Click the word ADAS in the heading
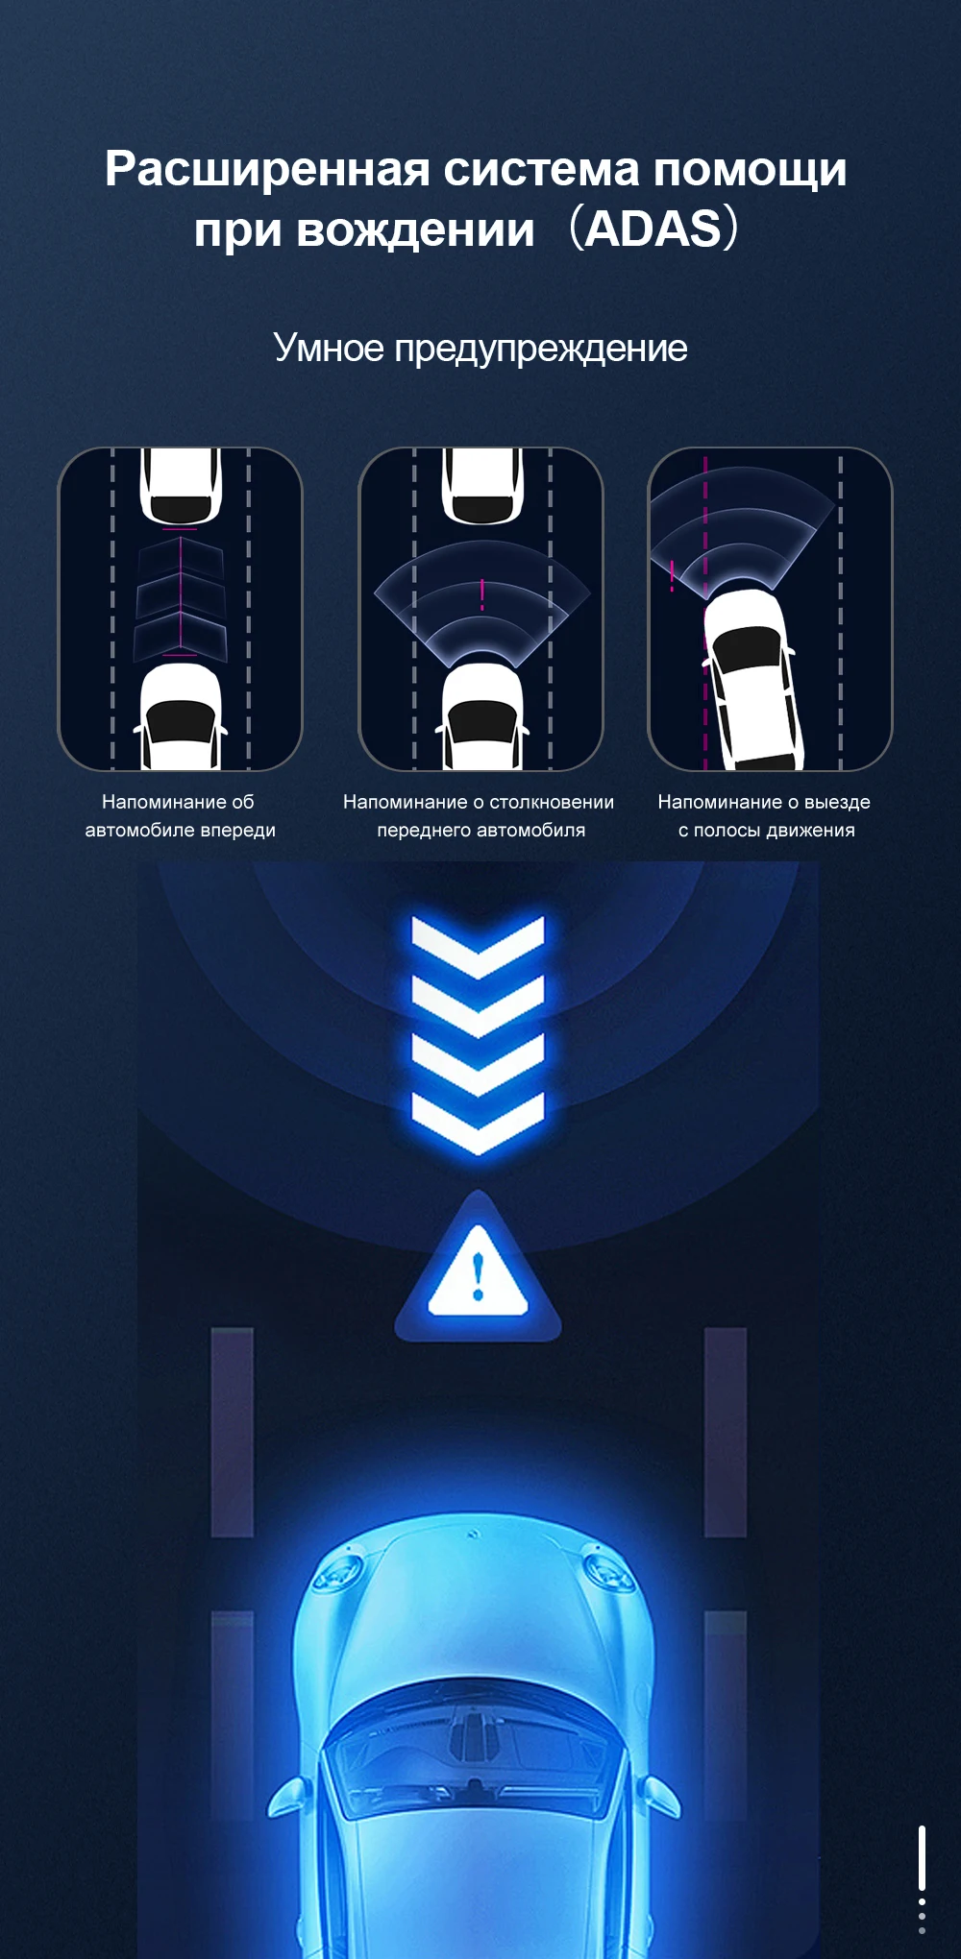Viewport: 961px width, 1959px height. point(653,230)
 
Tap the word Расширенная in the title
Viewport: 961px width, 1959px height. point(267,169)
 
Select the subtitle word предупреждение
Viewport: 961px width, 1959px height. point(541,349)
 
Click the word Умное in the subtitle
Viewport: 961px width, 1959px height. point(329,348)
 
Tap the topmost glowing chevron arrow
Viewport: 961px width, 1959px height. point(478,945)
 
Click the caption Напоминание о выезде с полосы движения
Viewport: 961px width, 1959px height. point(765,815)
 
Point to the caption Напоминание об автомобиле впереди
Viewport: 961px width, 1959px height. point(180,815)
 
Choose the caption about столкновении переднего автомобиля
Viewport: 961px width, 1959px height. point(479,815)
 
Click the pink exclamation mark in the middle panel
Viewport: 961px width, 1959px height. point(482,594)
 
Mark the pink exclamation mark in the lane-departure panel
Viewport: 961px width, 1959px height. point(672,575)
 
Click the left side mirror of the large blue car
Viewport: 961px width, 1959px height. point(289,1796)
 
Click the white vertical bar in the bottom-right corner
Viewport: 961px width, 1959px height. point(922,1858)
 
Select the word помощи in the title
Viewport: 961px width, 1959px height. point(751,169)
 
